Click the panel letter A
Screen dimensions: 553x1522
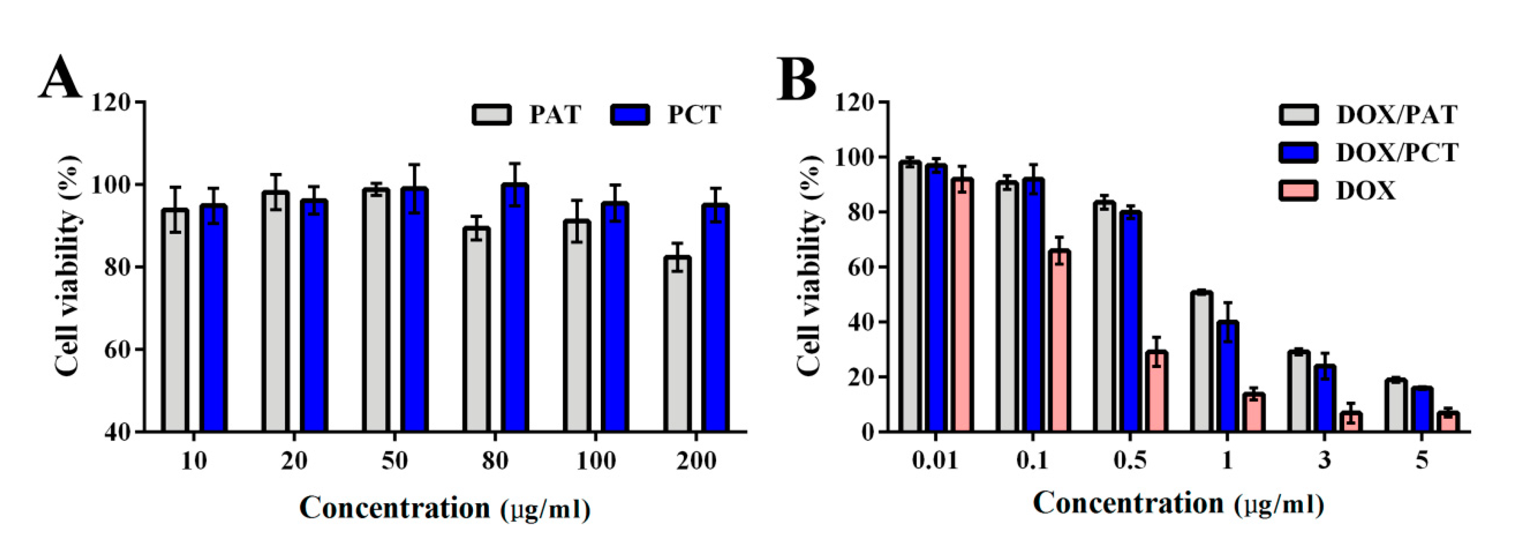(x=60, y=78)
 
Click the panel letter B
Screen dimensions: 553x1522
(x=796, y=78)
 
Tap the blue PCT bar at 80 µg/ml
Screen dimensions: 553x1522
(x=515, y=307)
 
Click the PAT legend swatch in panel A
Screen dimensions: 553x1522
(x=491, y=114)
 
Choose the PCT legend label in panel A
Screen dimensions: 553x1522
(x=694, y=114)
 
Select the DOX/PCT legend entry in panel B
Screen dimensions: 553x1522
(x=1397, y=153)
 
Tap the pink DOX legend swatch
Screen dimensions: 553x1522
(x=1298, y=191)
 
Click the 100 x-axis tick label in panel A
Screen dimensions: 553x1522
(x=595, y=461)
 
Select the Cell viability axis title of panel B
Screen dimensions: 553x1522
(x=809, y=266)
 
